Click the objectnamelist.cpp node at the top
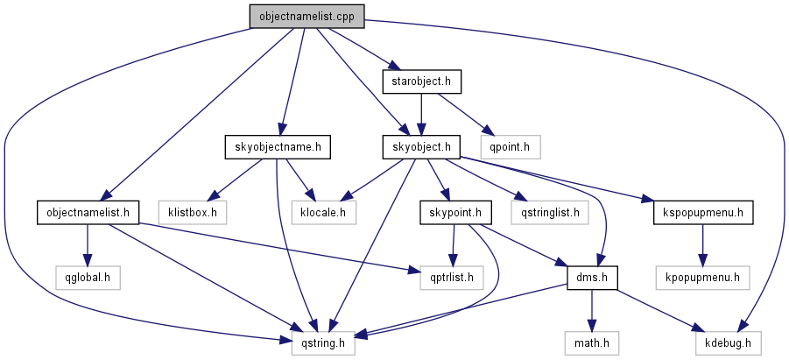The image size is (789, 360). (306, 16)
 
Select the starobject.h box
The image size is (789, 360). (422, 81)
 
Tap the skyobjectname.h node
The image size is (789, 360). (276, 147)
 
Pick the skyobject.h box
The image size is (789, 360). (422, 147)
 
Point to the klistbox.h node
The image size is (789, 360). (193, 212)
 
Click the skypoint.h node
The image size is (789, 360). (455, 212)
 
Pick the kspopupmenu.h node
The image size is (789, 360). (702, 212)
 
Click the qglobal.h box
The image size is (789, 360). (86, 278)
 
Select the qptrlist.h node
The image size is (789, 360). (450, 278)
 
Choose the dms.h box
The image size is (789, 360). (592, 278)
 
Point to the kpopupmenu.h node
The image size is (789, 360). (702, 278)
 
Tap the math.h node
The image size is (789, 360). (592, 343)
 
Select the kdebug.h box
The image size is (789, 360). (728, 343)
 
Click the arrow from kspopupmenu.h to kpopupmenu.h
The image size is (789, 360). (702, 244)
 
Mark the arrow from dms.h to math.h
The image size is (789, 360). (592, 310)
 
